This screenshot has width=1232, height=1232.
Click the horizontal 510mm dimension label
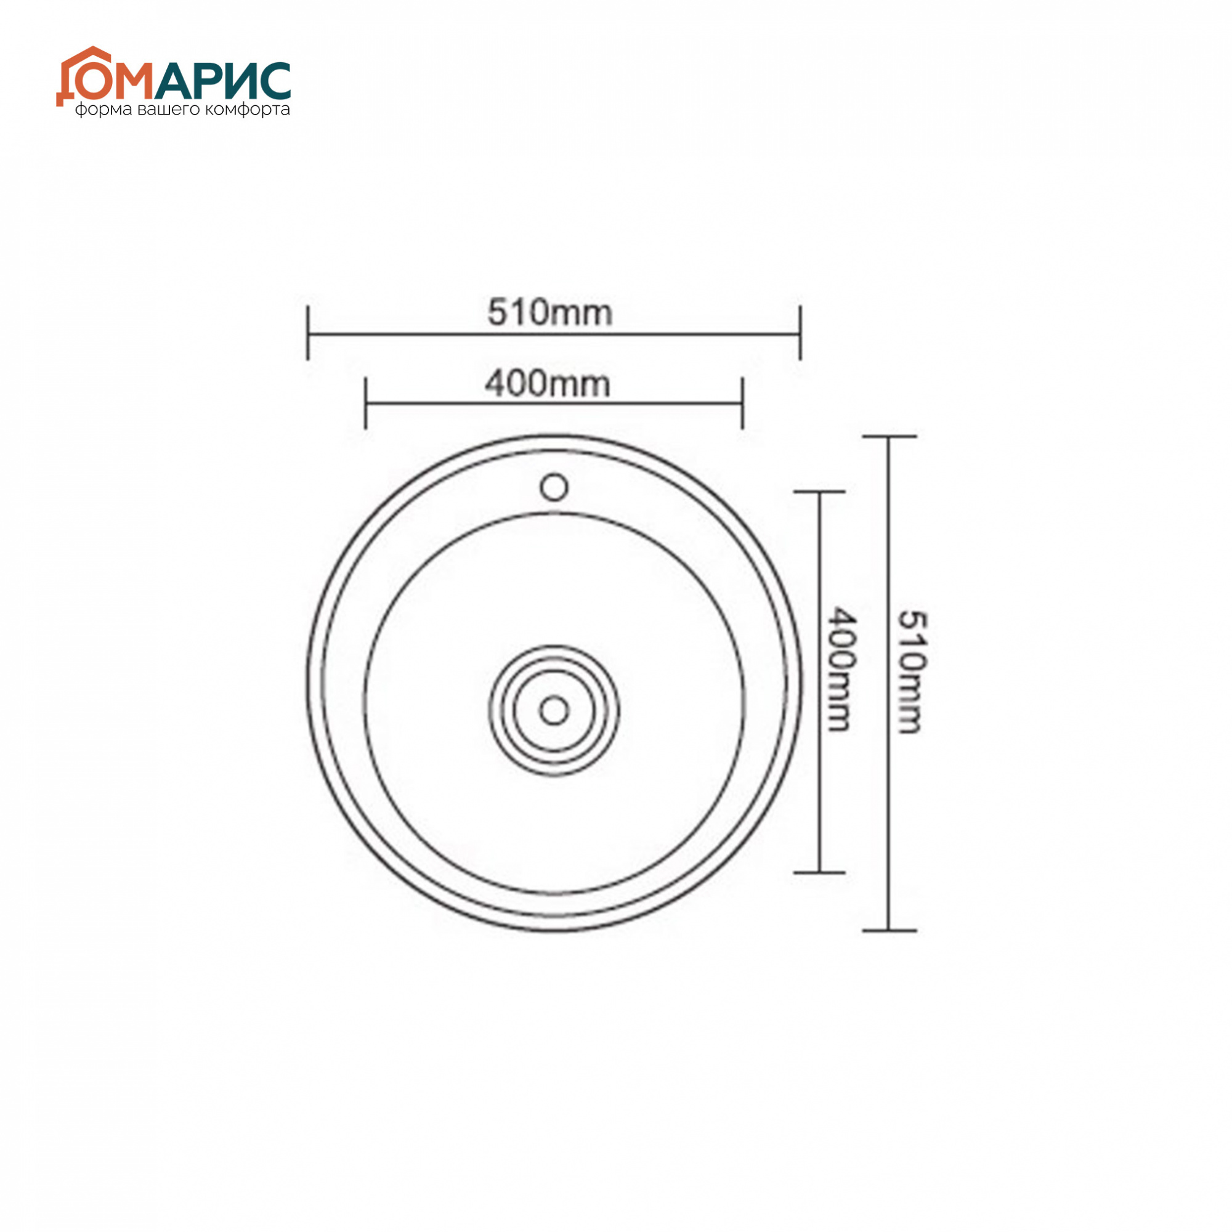pyautogui.click(x=549, y=313)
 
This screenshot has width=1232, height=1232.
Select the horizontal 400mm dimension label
pyautogui.click(x=548, y=384)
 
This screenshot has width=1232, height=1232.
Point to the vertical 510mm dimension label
pyautogui.click(x=910, y=673)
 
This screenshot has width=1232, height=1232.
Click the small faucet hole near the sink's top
pyautogui.click(x=554, y=488)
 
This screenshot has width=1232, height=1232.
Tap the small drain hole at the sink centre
pyautogui.click(x=554, y=710)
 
